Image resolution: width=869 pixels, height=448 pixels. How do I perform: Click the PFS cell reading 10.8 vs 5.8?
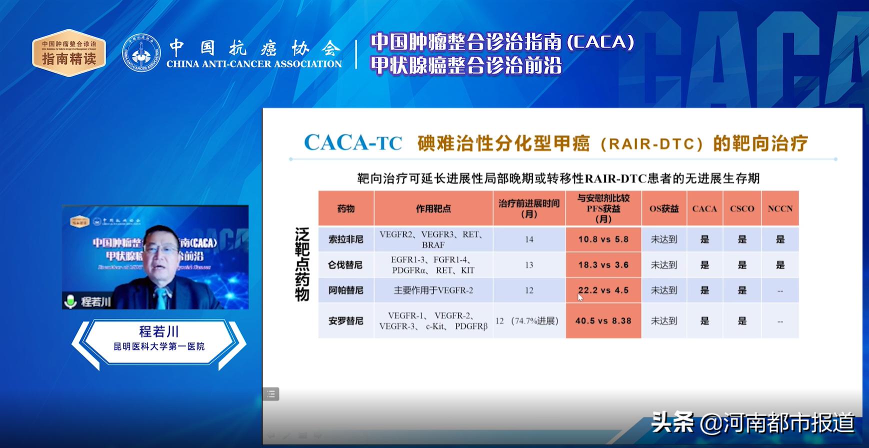pos(603,239)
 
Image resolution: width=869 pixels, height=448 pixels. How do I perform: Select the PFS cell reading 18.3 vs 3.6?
pos(603,265)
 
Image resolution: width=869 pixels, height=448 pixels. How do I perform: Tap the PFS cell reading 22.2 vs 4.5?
pos(603,290)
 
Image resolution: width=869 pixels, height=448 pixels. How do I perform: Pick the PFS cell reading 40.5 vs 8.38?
pos(603,321)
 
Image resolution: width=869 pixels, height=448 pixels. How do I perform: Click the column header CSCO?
pos(742,208)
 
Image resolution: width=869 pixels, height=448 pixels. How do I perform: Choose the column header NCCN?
pos(780,208)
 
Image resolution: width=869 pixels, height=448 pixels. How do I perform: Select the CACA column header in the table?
pos(704,208)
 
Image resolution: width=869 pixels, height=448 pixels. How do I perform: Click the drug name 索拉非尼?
pos(345,239)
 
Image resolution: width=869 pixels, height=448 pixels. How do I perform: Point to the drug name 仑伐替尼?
pos(345,265)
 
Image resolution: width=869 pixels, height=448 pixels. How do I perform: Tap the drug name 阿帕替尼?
pos(345,290)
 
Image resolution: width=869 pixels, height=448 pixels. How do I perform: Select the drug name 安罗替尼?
pos(345,321)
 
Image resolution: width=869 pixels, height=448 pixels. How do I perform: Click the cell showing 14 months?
pos(529,239)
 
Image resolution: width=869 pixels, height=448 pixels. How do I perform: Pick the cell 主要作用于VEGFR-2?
pos(433,290)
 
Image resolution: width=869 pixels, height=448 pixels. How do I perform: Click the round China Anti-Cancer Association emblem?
pos(141,52)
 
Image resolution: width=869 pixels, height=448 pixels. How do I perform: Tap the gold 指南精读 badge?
pos(69,52)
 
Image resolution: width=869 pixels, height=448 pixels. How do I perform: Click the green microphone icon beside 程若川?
pos(70,301)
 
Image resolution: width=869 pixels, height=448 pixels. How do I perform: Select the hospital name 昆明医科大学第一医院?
pos(159,346)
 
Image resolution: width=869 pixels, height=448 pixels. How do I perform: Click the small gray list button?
pos(271,394)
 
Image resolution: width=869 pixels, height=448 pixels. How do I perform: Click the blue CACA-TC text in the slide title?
pos(353,143)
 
